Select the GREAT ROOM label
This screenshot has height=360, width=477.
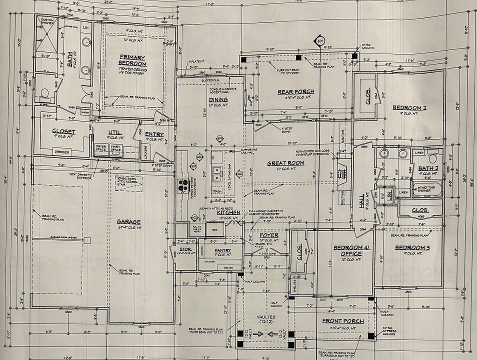point(282,163)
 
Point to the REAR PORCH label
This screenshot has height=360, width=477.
point(295,91)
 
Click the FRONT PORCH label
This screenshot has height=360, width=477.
point(341,320)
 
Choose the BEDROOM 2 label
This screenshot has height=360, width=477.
point(409,107)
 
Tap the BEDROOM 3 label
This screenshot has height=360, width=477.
point(412,248)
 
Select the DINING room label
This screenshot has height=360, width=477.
point(218,99)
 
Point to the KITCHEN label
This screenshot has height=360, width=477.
point(229,212)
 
